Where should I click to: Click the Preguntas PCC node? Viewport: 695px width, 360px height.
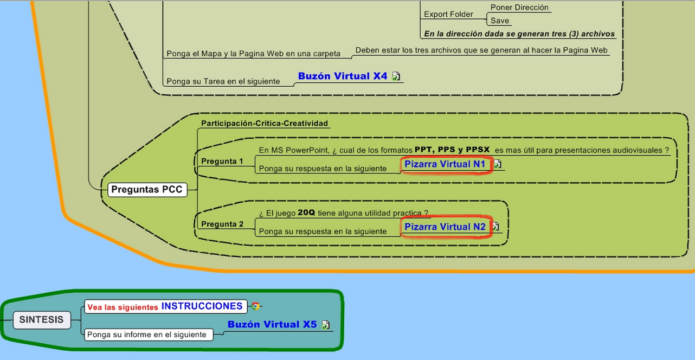(147, 190)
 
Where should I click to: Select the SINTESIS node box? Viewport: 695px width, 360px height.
(41, 319)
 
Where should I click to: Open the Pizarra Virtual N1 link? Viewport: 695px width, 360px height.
(445, 164)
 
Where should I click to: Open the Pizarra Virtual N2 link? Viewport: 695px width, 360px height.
(445, 227)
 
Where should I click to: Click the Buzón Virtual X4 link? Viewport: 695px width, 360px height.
(343, 76)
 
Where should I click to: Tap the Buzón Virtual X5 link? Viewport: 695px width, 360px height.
(272, 324)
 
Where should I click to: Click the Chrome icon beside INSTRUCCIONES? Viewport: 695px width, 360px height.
(255, 306)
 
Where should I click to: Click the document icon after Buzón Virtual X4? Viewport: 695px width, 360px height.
(396, 76)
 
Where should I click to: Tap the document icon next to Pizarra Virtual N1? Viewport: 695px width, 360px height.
(498, 164)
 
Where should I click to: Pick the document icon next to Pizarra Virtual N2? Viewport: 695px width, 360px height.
(495, 227)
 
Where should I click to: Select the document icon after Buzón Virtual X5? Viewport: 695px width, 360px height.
(325, 325)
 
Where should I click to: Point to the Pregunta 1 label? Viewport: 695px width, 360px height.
(222, 161)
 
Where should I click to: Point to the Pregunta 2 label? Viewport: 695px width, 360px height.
(222, 224)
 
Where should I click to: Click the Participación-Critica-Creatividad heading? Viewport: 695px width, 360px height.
(265, 123)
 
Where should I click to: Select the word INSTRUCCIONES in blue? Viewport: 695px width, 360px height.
(202, 306)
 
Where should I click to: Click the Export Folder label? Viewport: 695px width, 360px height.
(448, 15)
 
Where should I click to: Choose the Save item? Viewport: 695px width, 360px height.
(500, 21)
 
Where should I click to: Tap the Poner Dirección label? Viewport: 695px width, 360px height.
(519, 8)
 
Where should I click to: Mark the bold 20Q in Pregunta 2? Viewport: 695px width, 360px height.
(306, 213)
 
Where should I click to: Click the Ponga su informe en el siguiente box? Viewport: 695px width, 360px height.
(146, 335)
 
